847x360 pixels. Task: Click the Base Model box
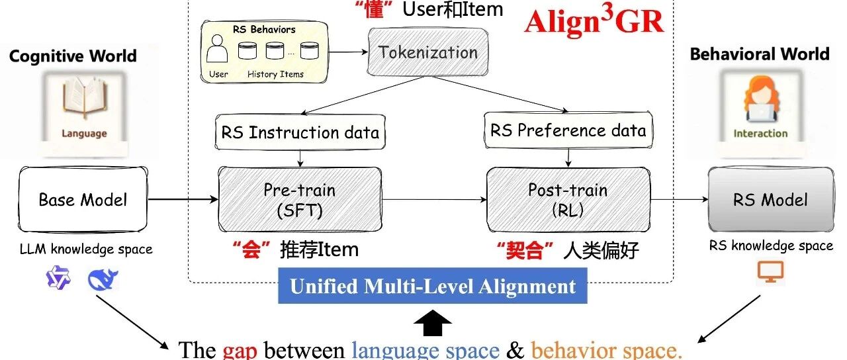click(x=82, y=199)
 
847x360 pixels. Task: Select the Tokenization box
click(x=427, y=53)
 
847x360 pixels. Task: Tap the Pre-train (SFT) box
click(x=299, y=199)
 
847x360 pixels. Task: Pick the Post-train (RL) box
click(x=568, y=199)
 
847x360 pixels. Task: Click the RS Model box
click(x=770, y=199)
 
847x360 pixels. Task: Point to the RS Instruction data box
click(x=300, y=132)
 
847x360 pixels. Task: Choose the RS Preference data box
click(x=568, y=130)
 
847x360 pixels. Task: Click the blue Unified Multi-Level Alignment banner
click(x=433, y=287)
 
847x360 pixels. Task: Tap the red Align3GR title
click(x=593, y=22)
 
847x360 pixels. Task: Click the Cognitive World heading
click(x=73, y=56)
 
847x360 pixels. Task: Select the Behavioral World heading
click(x=760, y=54)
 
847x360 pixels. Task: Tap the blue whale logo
click(x=103, y=279)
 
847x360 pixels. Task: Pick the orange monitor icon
click(x=770, y=271)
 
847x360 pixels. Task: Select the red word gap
click(x=240, y=349)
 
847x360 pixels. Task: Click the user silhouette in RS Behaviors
click(x=218, y=52)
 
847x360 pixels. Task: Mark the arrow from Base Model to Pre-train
click(x=183, y=199)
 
